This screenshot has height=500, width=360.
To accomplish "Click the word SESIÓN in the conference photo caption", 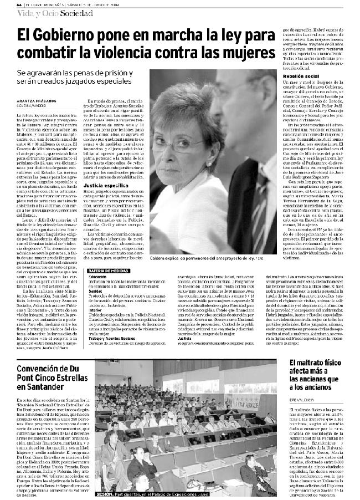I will pyautogui.click(x=105, y=492).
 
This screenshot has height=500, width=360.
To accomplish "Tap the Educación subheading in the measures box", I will pyautogui.click(x=97, y=276).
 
